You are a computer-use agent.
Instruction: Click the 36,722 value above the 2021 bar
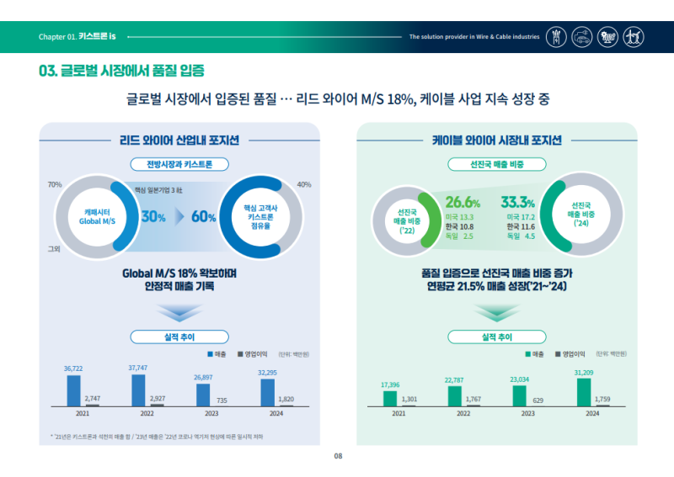pyautogui.click(x=73, y=369)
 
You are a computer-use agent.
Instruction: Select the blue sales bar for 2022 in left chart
pyautogui.click(x=138, y=390)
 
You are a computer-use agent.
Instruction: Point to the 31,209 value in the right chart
pyautogui.click(x=585, y=372)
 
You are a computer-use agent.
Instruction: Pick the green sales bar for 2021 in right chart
pyautogui.click(x=390, y=397)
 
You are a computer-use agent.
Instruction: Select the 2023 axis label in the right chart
pyautogui.click(x=527, y=414)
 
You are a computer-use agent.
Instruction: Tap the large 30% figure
pyautogui.click(x=153, y=217)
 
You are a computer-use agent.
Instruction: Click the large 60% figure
pyautogui.click(x=204, y=217)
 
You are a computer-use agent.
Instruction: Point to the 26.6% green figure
pyautogui.click(x=463, y=203)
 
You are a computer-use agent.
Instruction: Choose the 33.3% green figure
pyautogui.click(x=517, y=203)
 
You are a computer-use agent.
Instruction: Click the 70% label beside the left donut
pyautogui.click(x=55, y=184)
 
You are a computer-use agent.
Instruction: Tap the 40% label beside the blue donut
pyautogui.click(x=304, y=184)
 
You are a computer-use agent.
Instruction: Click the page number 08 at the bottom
pyautogui.click(x=337, y=456)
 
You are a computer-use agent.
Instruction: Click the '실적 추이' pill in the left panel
pyautogui.click(x=179, y=337)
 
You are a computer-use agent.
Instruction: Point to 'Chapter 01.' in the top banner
pyautogui.click(x=57, y=37)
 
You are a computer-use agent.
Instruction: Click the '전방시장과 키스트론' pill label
pyautogui.click(x=179, y=164)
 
